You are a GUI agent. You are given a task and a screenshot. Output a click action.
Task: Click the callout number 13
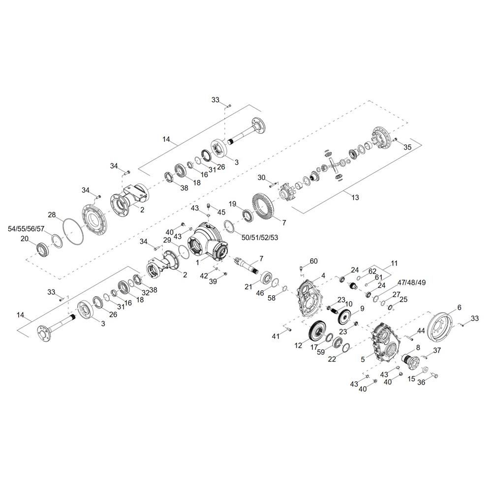point(355,197)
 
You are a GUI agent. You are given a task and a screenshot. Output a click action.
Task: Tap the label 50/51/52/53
point(260,238)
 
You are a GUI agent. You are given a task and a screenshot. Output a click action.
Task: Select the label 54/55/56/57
point(26,229)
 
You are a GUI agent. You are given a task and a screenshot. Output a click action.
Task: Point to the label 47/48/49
point(411,282)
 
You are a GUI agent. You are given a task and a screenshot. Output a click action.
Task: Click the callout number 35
point(407,147)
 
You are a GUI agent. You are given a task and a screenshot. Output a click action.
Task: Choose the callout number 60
point(313,261)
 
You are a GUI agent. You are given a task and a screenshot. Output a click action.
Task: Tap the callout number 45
point(221,213)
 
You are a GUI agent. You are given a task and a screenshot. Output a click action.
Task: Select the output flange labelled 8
point(410,361)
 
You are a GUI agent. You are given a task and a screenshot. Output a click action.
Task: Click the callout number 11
point(394,264)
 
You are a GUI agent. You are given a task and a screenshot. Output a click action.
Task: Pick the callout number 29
point(167,240)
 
